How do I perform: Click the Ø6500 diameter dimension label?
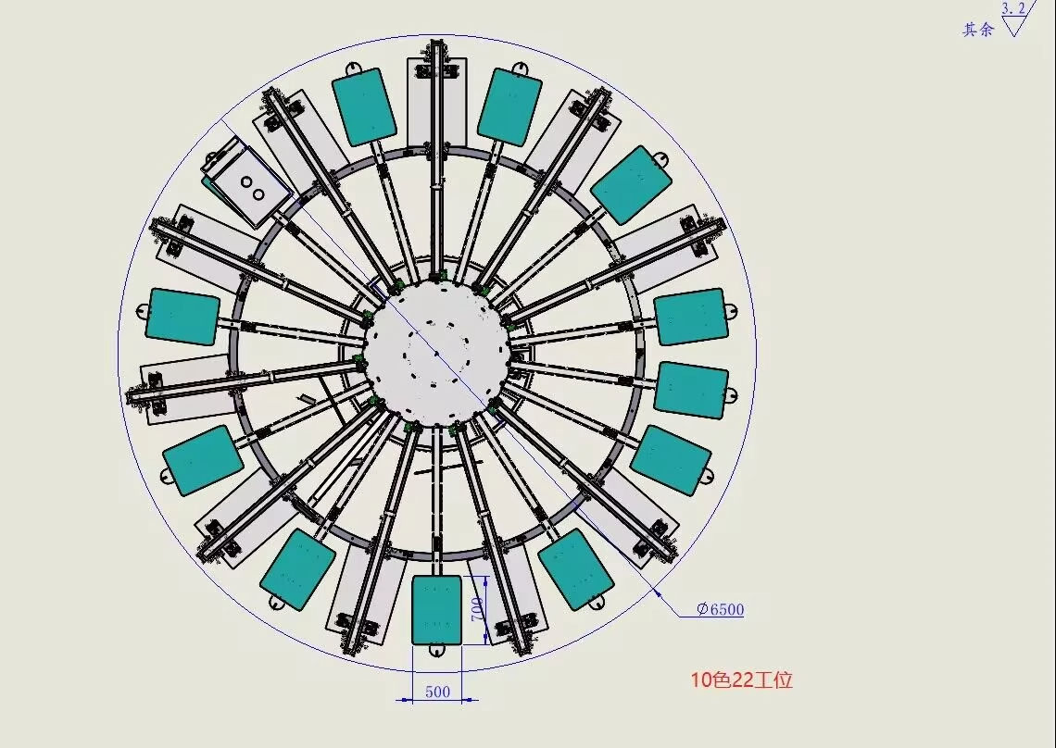(720, 609)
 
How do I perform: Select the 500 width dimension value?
(438, 692)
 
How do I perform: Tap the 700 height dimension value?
(477, 609)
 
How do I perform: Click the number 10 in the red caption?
(701, 680)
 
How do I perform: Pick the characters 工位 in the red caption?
(773, 680)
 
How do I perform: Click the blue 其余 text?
(978, 30)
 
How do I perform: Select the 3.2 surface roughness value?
(1013, 8)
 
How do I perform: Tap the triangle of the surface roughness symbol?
(1012, 26)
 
